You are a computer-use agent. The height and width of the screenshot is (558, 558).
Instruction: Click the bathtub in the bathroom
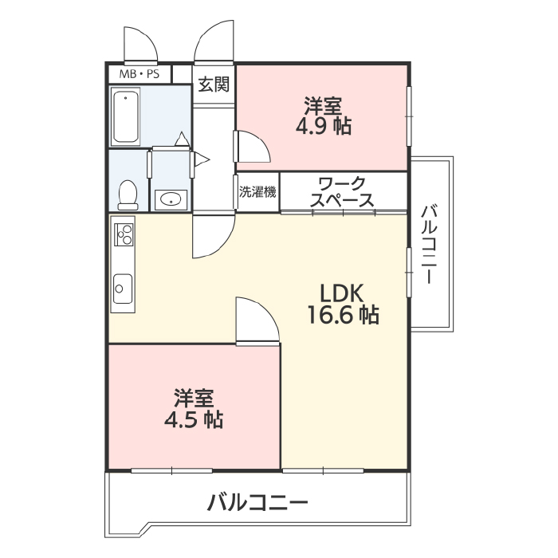[126, 116]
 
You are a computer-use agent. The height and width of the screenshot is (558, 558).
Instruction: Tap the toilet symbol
[128, 195]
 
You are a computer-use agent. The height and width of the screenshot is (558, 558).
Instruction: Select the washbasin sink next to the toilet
[171, 199]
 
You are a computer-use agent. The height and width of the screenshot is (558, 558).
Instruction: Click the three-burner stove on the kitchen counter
[124, 234]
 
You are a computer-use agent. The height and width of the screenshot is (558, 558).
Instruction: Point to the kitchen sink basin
[123, 289]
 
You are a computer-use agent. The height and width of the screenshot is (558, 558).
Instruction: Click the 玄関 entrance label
[214, 84]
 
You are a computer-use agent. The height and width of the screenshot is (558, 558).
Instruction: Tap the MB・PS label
[139, 74]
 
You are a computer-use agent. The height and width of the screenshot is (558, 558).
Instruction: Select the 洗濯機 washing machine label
[257, 192]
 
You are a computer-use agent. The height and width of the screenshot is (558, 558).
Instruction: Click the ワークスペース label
[342, 192]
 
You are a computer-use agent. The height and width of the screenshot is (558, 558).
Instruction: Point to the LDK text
[342, 293]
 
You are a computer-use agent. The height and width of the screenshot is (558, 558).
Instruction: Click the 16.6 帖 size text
[344, 315]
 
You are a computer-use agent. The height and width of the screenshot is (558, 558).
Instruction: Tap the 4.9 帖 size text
[324, 126]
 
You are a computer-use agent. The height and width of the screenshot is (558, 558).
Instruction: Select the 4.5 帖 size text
[194, 419]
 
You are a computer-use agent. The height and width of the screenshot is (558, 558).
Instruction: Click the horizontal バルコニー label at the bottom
[257, 502]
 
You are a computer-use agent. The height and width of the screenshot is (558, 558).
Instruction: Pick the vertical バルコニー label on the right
[429, 244]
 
